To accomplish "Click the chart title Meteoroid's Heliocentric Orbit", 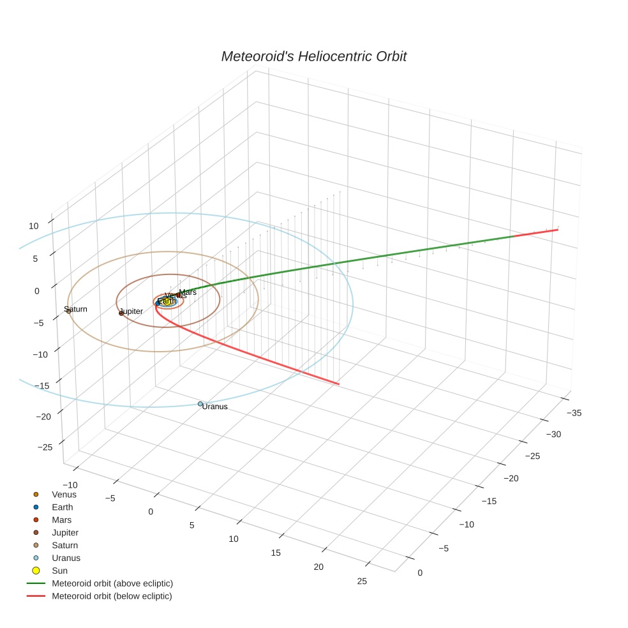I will (x=313, y=57).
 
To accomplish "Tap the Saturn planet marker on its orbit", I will (x=68, y=311).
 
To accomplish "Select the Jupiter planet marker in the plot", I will (x=121, y=313).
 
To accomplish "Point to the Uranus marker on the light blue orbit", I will (x=200, y=404).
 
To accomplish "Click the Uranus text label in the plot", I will (x=215, y=407).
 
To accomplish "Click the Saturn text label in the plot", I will (x=76, y=309).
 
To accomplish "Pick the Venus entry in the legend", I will (x=64, y=494).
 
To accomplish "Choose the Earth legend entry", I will (x=62, y=507).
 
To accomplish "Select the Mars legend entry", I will (x=61, y=520).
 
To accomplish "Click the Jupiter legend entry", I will (x=65, y=532).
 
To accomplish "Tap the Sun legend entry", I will (x=59, y=571).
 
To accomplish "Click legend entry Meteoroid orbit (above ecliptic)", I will (x=112, y=583).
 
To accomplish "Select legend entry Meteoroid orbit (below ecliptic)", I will (x=112, y=596).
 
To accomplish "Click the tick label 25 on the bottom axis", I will (x=363, y=581).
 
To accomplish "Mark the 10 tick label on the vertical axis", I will (x=34, y=226).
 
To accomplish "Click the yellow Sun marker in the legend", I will (x=36, y=571).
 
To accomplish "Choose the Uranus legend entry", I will (x=66, y=558).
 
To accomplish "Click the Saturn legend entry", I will (x=64, y=545).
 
